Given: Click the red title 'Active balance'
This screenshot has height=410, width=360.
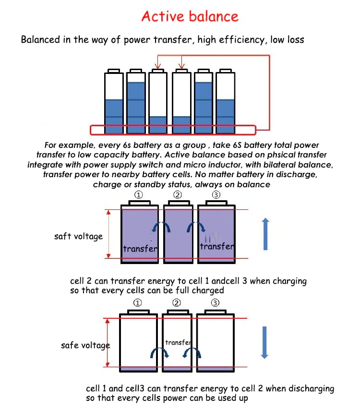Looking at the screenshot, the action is click(x=190, y=16).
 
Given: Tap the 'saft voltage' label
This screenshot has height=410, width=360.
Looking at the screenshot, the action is click(x=78, y=236).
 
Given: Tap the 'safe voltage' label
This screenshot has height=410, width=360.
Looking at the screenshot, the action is click(x=85, y=345).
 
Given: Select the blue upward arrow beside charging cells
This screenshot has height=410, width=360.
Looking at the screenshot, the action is click(x=265, y=234).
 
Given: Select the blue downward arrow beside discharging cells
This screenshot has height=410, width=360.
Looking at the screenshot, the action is click(x=264, y=342).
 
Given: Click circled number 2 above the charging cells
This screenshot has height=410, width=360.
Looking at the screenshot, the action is click(x=178, y=195).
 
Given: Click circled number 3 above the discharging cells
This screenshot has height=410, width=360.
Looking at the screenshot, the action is click(x=215, y=303).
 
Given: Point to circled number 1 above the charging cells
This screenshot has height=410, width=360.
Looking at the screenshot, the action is click(x=139, y=195).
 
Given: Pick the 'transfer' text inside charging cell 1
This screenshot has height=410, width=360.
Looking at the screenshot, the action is click(x=140, y=249).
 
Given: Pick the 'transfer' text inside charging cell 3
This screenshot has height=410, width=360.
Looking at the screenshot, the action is click(x=217, y=246).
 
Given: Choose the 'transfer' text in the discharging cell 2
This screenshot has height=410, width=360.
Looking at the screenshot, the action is click(x=178, y=342).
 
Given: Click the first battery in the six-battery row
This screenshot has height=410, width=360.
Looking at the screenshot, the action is click(x=114, y=101).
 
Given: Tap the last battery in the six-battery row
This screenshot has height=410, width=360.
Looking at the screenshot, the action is click(x=225, y=101).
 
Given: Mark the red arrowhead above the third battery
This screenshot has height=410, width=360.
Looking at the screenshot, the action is click(x=157, y=66).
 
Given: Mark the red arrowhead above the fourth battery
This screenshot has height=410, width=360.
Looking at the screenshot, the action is click(x=182, y=66).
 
